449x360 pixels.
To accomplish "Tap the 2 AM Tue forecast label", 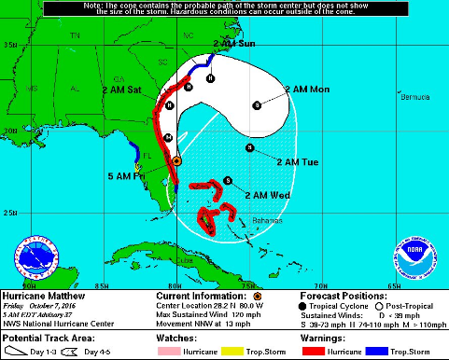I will click(x=298, y=163).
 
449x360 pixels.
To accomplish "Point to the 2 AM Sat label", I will click(x=121, y=90).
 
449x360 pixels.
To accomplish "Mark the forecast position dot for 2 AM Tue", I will click(x=249, y=148).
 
